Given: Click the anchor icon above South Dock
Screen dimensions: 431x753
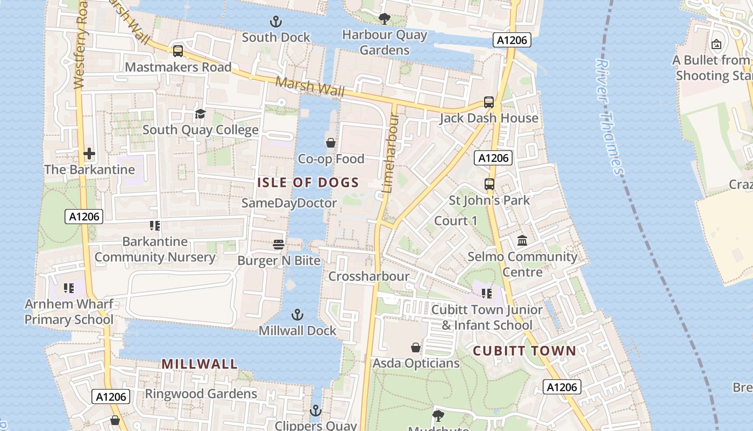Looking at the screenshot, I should coord(276,22).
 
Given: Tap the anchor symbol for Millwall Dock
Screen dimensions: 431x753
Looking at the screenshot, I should coord(297,315).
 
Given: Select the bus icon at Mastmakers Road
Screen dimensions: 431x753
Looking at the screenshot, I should coord(178,51).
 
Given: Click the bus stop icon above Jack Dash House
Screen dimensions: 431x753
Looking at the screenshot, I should coord(489,102).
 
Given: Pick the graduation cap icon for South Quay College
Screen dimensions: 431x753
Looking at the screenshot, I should coord(200,114).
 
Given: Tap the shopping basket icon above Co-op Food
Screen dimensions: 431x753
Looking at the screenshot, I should coord(331,143).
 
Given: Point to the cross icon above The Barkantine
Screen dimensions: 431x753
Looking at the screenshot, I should coord(89,154).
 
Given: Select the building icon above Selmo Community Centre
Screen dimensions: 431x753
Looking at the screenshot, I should coord(522,241).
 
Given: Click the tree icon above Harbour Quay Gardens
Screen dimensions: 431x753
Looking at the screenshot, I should coord(385,19).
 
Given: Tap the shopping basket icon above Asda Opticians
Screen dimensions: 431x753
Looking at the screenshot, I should coord(416,347).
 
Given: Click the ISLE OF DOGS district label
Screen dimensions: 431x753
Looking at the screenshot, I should coord(308,183).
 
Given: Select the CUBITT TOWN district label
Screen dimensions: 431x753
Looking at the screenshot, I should coord(524,351).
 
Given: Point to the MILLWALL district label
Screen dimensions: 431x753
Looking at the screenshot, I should coord(200,364).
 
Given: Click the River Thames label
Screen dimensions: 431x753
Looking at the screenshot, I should coord(609,116).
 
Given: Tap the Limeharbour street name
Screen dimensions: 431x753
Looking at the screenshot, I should coord(389,148).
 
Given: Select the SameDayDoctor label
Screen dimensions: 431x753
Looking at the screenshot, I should coord(289,203).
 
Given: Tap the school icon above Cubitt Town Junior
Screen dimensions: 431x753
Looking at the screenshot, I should coord(487,294).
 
